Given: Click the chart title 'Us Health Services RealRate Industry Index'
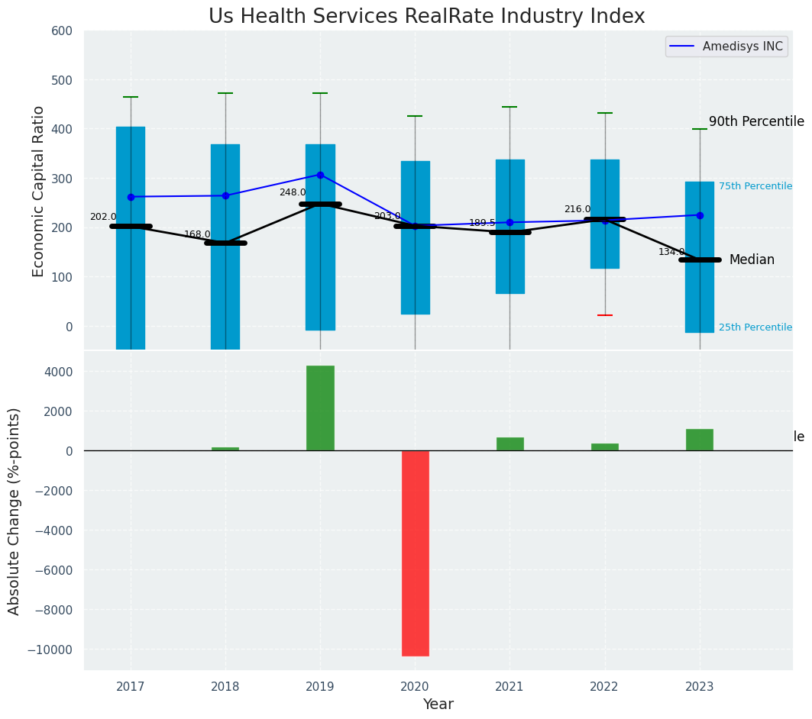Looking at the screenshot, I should tap(426, 17).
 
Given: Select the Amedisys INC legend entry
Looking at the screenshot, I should tap(726, 47).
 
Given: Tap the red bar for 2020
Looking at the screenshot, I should tap(415, 553).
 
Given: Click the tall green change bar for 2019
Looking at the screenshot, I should tap(320, 408).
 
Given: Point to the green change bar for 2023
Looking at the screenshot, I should tap(699, 440).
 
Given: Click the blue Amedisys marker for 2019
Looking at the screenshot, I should tap(320, 175).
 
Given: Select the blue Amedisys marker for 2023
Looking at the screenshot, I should tap(700, 215).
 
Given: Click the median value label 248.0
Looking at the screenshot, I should tap(293, 193).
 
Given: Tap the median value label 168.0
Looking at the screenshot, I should tap(197, 235).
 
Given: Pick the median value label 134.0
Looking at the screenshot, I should tap(671, 252).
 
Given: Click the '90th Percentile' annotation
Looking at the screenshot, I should tap(755, 122).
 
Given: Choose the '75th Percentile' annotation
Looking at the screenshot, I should tap(755, 186).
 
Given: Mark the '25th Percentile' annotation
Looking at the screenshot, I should tap(755, 327).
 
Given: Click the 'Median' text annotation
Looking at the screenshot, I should tap(752, 260).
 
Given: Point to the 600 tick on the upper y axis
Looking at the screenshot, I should tap(61, 31).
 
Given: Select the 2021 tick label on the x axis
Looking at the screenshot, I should tap(510, 686).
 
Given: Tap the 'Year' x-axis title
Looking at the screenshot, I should tap(438, 704).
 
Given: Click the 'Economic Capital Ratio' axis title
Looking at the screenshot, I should tap(39, 191).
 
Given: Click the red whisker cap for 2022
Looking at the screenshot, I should tap(605, 315).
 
